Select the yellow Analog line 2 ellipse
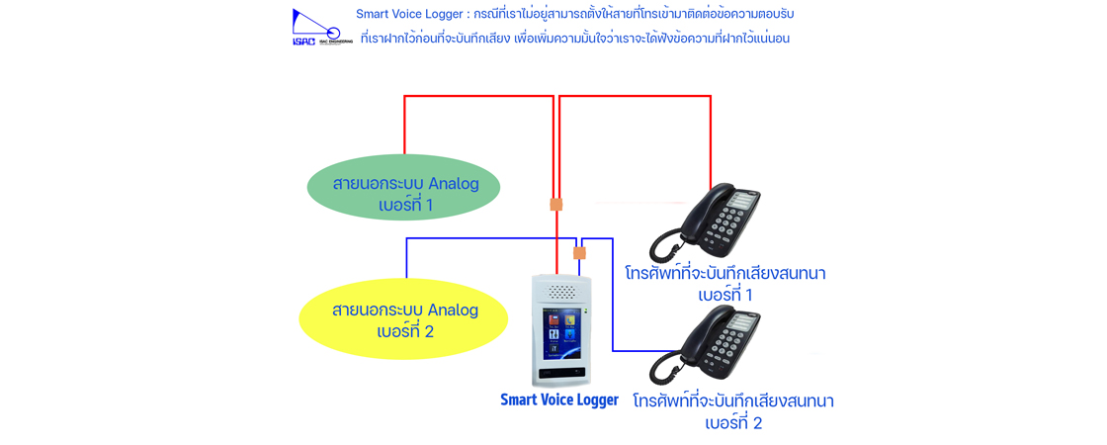click(404, 320)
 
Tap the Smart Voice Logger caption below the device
click(558, 400)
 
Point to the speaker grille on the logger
click(561, 293)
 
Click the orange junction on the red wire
click(555, 205)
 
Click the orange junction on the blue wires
click(579, 253)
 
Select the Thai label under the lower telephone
click(733, 411)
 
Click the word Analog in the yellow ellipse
click(452, 310)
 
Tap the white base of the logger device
click(560, 376)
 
